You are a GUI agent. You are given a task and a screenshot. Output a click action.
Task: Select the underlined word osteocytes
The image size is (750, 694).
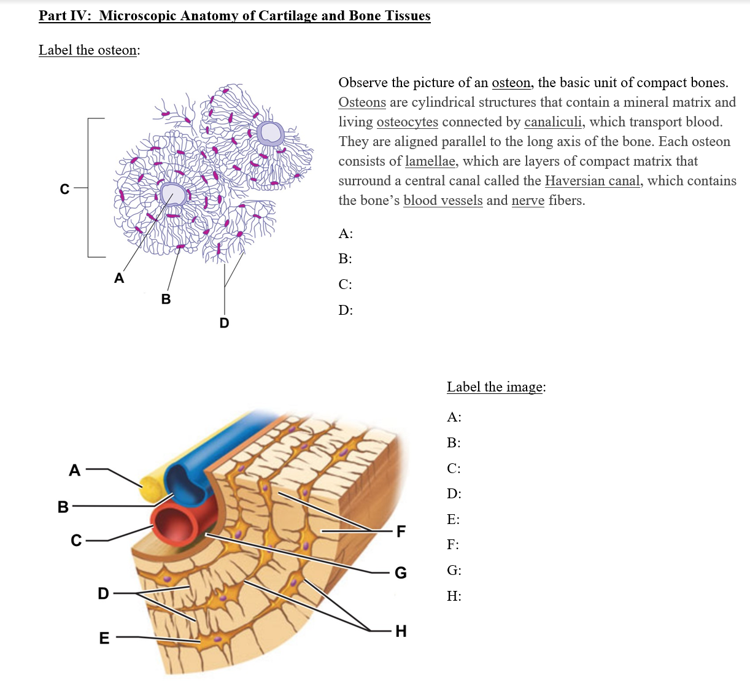[407, 122]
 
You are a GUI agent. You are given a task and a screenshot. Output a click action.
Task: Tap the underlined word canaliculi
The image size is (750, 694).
[552, 122]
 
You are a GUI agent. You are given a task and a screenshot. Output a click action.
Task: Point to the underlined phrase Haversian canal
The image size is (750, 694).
[592, 181]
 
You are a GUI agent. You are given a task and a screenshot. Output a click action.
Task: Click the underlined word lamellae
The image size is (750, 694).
[430, 161]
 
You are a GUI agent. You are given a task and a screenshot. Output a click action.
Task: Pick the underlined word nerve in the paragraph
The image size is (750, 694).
[527, 201]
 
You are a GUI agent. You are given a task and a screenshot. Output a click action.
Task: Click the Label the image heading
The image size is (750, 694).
[495, 387]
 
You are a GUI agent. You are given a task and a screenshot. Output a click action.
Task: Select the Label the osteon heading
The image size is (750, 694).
[88, 50]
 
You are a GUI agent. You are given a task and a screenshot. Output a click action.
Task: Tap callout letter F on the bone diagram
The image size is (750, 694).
[401, 531]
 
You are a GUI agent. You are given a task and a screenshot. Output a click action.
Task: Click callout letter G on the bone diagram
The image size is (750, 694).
[400, 573]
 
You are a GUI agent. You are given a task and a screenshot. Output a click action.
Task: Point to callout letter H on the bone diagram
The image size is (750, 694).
[401, 631]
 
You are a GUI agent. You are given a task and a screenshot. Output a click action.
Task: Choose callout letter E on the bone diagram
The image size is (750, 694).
[104, 638]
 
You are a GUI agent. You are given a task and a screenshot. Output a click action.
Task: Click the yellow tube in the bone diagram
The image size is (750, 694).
[151, 488]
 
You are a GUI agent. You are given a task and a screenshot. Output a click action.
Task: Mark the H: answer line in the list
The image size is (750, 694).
[454, 596]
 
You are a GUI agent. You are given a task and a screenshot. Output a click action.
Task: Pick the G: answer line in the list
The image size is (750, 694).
[454, 571]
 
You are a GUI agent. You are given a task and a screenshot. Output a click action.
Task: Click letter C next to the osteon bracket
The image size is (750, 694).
[64, 190]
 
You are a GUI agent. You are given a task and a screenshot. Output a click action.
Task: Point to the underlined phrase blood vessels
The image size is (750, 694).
[443, 201]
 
